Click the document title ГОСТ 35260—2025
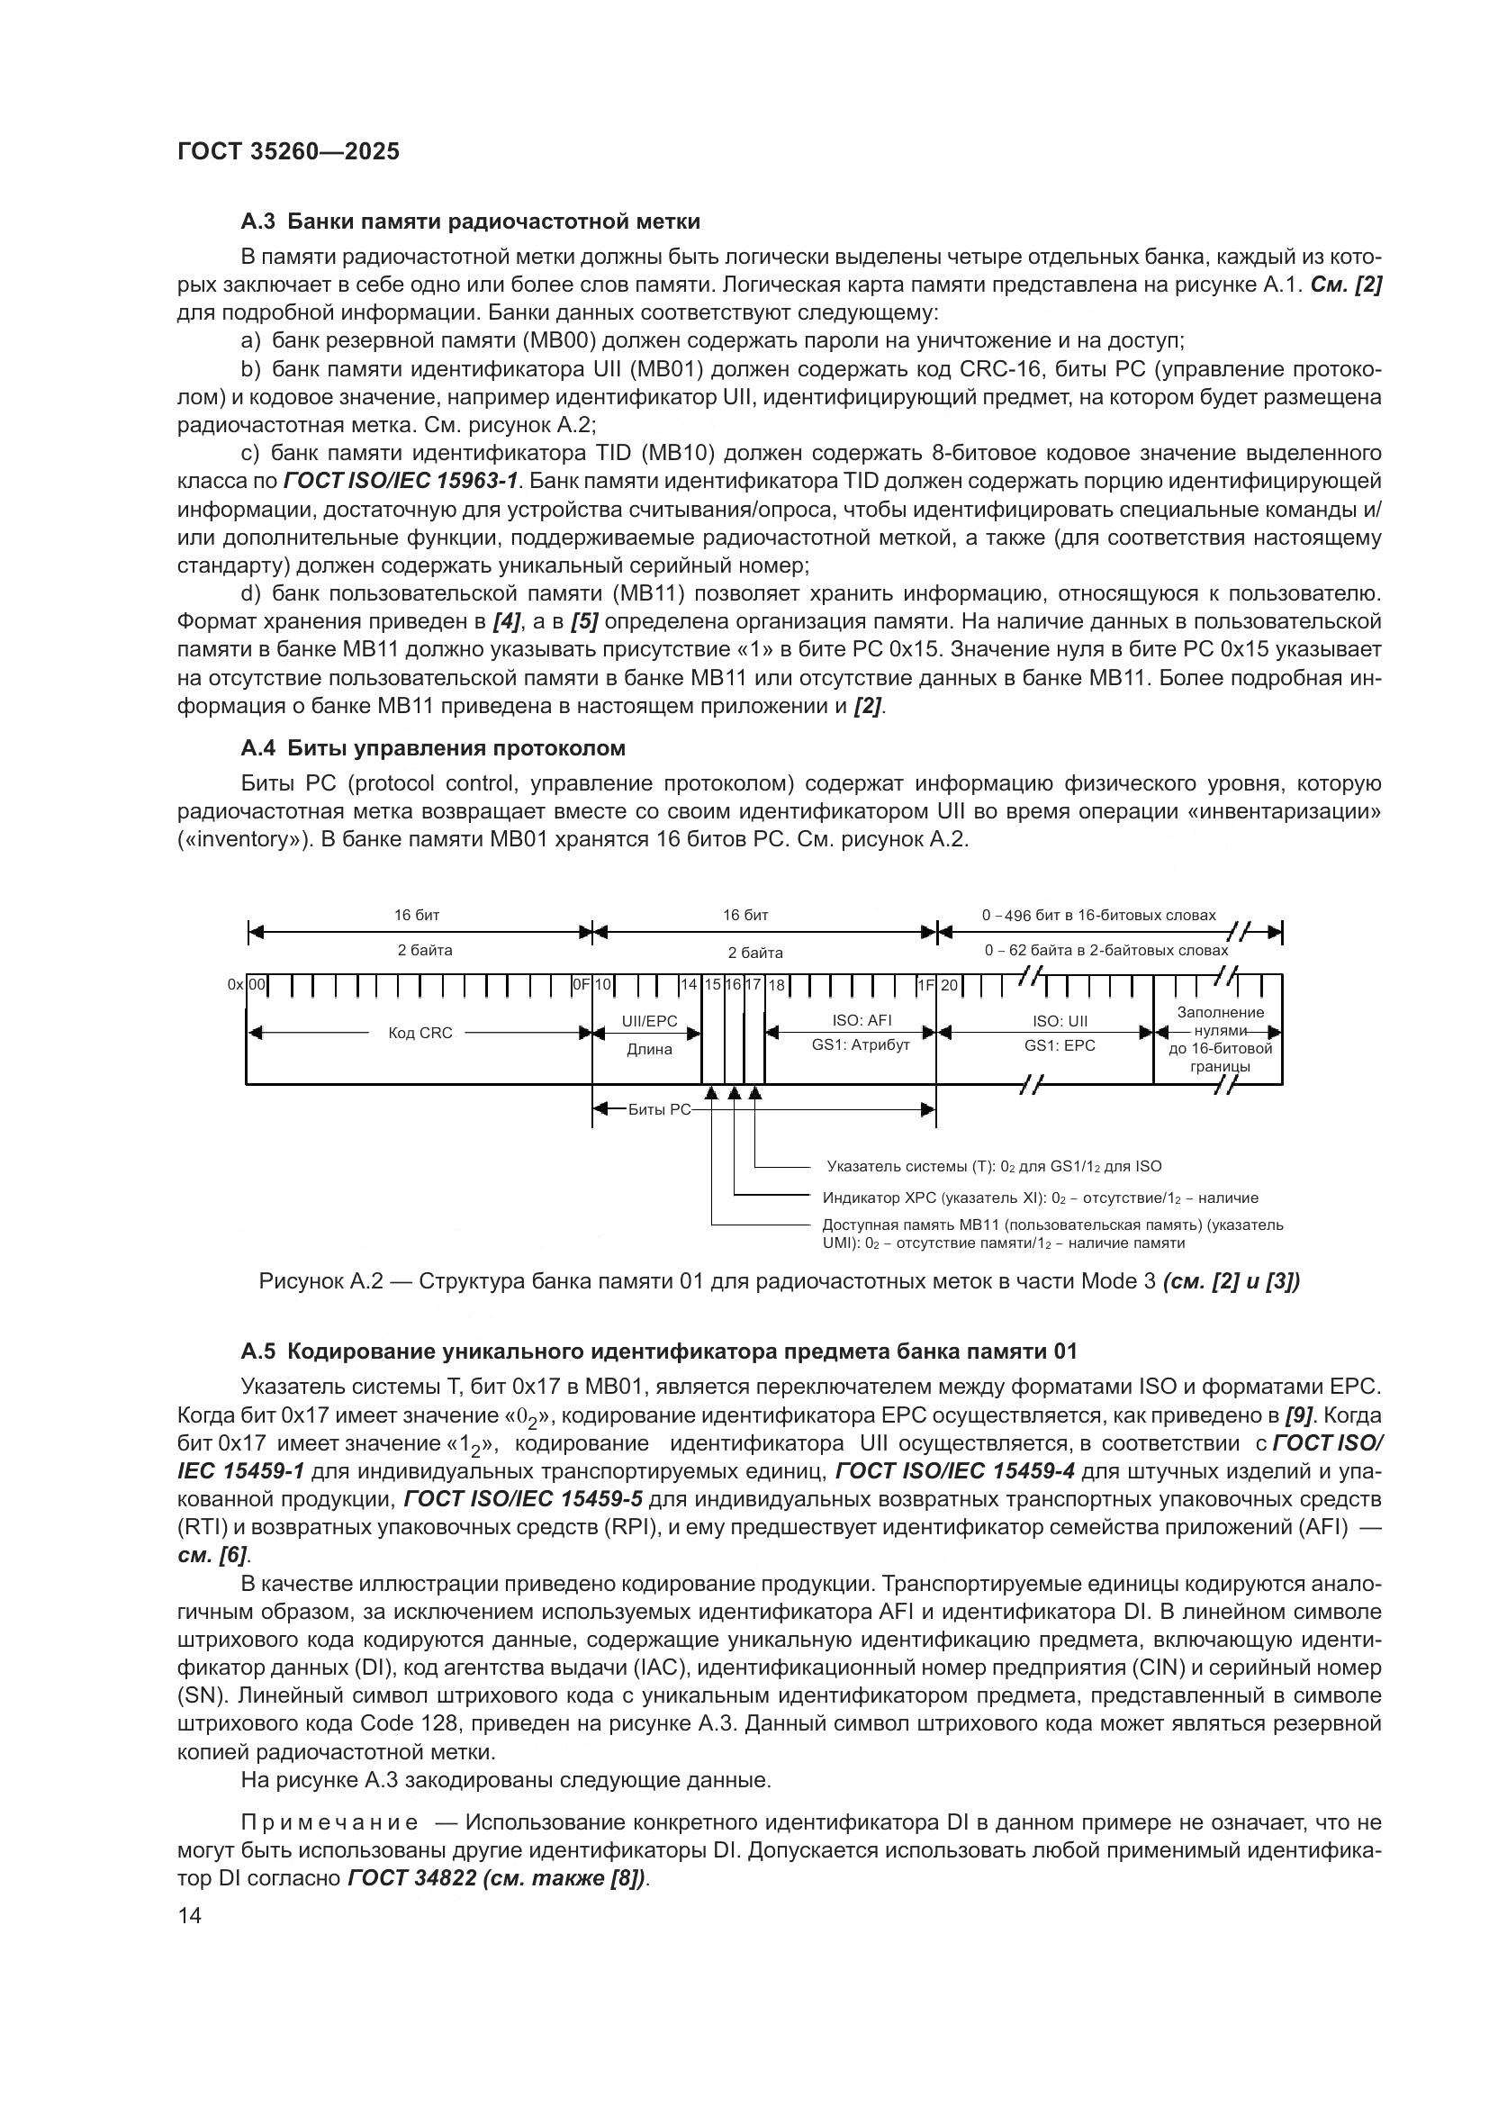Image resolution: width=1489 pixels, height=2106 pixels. (288, 151)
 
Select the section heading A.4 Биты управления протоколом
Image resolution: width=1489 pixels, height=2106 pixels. (432, 747)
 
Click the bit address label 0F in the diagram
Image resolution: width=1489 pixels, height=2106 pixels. (581, 985)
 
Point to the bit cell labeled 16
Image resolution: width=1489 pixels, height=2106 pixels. (734, 985)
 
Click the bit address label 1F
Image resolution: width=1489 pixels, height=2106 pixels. (925, 985)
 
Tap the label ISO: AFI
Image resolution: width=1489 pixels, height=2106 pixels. (861, 1021)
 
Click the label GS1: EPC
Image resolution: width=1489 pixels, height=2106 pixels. (1060, 1044)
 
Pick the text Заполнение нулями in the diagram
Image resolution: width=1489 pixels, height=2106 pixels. (1221, 1021)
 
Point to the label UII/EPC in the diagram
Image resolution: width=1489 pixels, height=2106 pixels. (648, 1021)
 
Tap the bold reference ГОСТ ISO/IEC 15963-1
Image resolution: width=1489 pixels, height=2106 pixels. (401, 481)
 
